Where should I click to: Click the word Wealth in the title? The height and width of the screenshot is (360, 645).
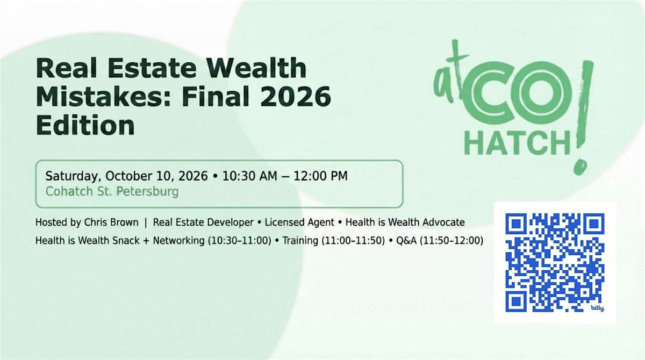pyautogui.click(x=256, y=68)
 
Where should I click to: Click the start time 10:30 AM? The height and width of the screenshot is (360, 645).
pyautogui.click(x=249, y=176)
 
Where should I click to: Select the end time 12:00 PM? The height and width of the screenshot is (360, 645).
pyautogui.click(x=320, y=176)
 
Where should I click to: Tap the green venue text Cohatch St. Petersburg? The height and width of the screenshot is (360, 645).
pyautogui.click(x=112, y=192)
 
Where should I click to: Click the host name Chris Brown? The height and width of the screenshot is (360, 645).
pyautogui.click(x=111, y=222)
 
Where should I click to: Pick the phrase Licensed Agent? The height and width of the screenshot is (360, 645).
pyautogui.click(x=299, y=222)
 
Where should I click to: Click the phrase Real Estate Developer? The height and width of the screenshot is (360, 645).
pyautogui.click(x=203, y=222)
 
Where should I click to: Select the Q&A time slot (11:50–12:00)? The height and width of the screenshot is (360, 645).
pyautogui.click(x=451, y=241)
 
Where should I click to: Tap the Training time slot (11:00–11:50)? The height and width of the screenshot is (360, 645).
pyautogui.click(x=353, y=241)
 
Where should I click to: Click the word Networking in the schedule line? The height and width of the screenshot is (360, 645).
pyautogui.click(x=178, y=241)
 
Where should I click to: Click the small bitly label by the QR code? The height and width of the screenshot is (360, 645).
pyautogui.click(x=598, y=308)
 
